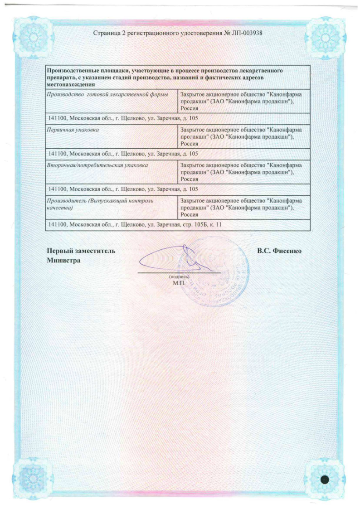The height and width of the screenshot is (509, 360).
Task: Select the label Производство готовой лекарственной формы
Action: (107, 94)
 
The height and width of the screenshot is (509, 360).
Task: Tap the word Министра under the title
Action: (63, 261)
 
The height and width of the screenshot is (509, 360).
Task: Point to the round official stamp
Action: (215, 276)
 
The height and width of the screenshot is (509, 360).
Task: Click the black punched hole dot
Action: (326, 480)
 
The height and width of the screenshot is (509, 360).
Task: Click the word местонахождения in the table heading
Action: (71, 84)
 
